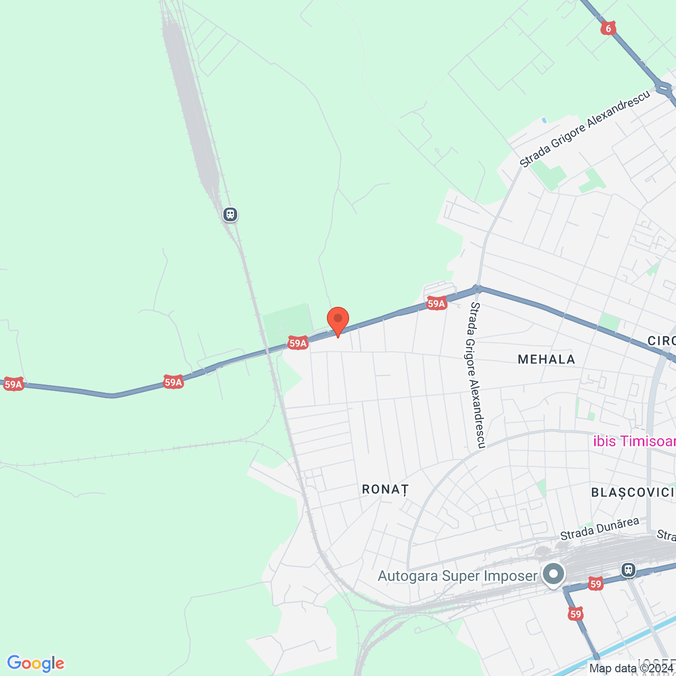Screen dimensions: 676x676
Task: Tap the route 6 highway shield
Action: pyautogui.click(x=608, y=28)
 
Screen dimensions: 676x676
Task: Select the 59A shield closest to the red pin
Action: pyautogui.click(x=298, y=343)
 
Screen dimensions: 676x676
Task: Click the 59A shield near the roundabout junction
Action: pyautogui.click(x=436, y=303)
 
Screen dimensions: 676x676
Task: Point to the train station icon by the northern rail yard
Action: pyautogui.click(x=230, y=214)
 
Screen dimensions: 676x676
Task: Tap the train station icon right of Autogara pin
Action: pyautogui.click(x=628, y=570)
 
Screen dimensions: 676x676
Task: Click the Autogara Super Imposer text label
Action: pyautogui.click(x=457, y=576)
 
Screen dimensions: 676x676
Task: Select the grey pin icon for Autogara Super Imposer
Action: pyautogui.click(x=553, y=574)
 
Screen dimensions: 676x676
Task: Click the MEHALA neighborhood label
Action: pyautogui.click(x=546, y=360)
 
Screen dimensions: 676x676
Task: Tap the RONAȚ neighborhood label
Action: pyautogui.click(x=386, y=490)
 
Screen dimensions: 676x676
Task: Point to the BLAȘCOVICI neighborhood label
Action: pyautogui.click(x=633, y=493)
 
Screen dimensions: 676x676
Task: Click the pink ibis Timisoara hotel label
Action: pyautogui.click(x=634, y=442)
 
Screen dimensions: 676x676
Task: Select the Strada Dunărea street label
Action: pyautogui.click(x=599, y=529)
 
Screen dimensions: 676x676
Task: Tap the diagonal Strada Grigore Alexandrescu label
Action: pyautogui.click(x=585, y=129)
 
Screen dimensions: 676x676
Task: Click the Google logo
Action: pyautogui.click(x=36, y=663)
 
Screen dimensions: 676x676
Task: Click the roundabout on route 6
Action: pyautogui.click(x=663, y=87)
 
